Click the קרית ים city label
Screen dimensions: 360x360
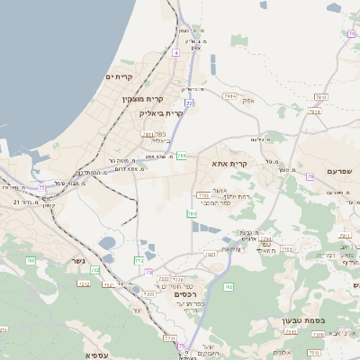pyautogui.click(x=119, y=77)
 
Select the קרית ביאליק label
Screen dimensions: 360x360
pyautogui.click(x=161, y=113)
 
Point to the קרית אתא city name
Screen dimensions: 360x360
pyautogui.click(x=229, y=164)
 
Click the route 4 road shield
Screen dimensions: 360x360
pyautogui.click(x=176, y=54)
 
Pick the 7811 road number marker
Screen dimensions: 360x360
pyautogui.click(x=148, y=134)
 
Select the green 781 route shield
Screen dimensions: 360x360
pyautogui.click(x=182, y=156)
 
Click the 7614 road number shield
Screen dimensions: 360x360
pyautogui.click(x=229, y=94)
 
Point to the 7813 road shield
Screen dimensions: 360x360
pyautogui.click(x=314, y=112)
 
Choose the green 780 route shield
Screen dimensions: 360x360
pyautogui.click(x=192, y=213)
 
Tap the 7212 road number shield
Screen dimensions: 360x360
pyautogui.click(x=84, y=283)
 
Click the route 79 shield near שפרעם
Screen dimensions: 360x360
pyautogui.click(x=310, y=177)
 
